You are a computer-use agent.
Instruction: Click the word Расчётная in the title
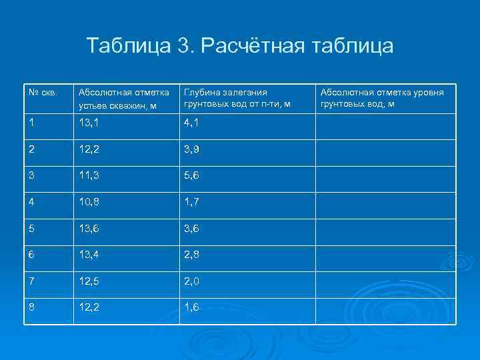247,46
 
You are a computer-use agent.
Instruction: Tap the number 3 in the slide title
184,46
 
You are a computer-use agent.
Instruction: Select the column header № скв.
42,92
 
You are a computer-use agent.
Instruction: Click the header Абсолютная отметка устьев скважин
123,98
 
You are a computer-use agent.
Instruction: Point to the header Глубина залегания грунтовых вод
237,98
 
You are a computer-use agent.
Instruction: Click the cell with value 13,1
89,124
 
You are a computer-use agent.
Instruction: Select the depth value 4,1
192,124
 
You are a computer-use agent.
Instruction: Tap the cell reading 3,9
192,149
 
